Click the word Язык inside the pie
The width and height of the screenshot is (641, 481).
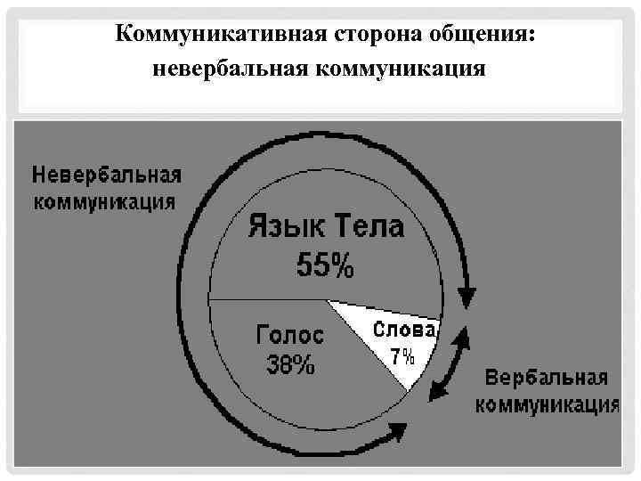pos(287,226)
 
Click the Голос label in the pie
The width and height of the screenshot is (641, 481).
pos(291,337)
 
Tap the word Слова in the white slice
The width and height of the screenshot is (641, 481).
pos(405,329)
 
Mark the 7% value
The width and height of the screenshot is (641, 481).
pos(402,357)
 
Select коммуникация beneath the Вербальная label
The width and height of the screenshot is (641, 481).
pos(547,405)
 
